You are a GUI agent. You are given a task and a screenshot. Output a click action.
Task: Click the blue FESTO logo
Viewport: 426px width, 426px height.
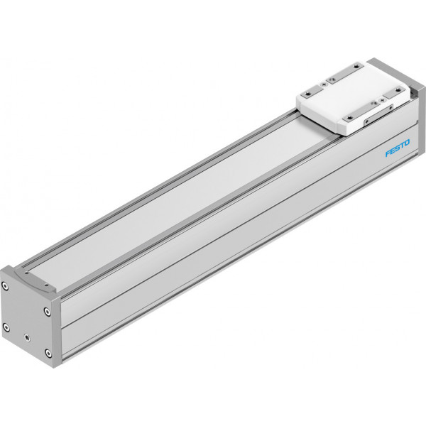[398, 148]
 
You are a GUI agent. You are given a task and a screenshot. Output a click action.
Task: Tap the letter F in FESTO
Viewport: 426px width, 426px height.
[388, 153]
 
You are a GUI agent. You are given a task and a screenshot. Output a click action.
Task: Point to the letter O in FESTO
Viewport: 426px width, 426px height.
[406, 143]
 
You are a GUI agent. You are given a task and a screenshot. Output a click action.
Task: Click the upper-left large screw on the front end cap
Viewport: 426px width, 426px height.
[5, 286]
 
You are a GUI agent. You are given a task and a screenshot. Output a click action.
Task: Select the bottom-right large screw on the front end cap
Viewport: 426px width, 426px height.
[48, 353]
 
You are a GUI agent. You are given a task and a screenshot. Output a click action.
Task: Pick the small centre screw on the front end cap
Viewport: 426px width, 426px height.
[27, 338]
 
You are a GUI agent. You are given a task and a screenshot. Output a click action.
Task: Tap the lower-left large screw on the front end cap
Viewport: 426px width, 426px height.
[6, 327]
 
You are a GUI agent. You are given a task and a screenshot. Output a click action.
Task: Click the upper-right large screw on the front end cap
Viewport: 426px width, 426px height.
[48, 312]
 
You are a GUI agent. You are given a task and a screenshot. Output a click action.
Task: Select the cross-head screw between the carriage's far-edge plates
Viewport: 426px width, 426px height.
[324, 85]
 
